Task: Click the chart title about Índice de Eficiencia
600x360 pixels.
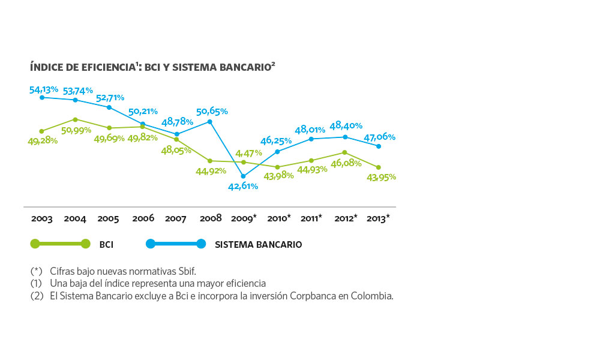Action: coord(152,67)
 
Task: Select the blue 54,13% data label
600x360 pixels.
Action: coord(44,90)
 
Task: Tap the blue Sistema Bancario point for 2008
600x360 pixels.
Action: coord(209,122)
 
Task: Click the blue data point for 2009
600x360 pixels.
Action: coord(243,176)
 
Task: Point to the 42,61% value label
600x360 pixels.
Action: coord(243,187)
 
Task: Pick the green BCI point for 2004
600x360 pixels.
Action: coord(76,120)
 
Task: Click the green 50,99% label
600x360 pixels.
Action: coord(76,130)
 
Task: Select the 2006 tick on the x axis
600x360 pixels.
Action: coord(143,218)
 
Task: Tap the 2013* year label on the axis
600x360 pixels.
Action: coord(378,218)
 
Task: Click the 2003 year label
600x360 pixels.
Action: coord(42,218)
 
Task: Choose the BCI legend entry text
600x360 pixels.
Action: coord(106,244)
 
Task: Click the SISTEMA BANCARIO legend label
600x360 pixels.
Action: coord(258,244)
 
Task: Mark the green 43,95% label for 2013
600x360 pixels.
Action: coord(381,178)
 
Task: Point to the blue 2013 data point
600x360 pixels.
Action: coord(379,146)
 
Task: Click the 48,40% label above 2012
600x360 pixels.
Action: coord(346,125)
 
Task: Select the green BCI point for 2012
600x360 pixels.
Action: coord(345,152)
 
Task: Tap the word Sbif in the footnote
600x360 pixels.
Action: coord(187,271)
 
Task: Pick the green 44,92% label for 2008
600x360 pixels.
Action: coord(211,171)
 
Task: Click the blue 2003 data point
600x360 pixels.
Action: coord(42,98)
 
